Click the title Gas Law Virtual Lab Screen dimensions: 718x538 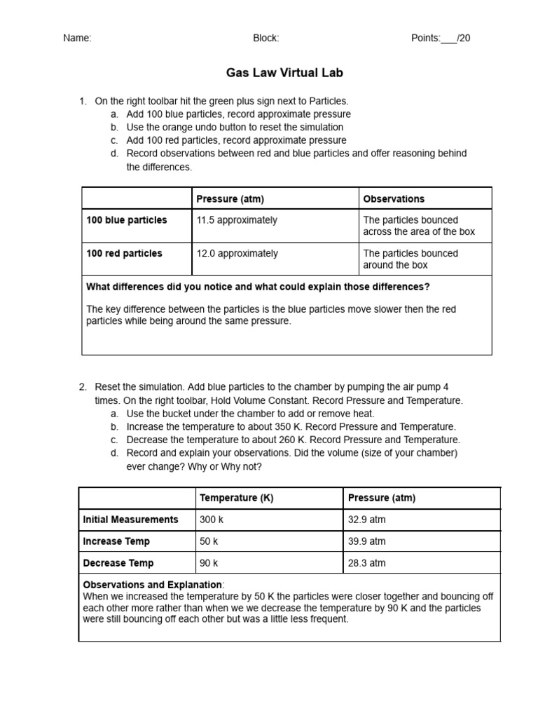pos(275,73)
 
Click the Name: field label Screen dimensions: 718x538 pos(77,38)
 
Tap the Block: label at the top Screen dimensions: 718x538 pos(266,38)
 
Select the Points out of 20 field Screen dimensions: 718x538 pos(441,38)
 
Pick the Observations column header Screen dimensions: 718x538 pos(394,198)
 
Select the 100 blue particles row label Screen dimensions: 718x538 pos(127,220)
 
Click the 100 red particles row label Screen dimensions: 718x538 pos(124,254)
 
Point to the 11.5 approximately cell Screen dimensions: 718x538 pos(237,220)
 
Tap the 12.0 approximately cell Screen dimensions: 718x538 pos(237,254)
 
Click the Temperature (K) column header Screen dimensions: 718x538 pos(236,498)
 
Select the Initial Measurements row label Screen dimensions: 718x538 pos(130,520)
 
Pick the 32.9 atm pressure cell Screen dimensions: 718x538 pos(366,520)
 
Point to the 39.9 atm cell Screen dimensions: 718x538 pos(366,541)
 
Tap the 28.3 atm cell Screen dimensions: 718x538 pos(366,563)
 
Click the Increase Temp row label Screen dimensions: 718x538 pos(116,541)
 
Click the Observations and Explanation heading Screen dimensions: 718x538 pos(153,585)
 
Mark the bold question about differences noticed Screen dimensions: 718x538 pos(258,287)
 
